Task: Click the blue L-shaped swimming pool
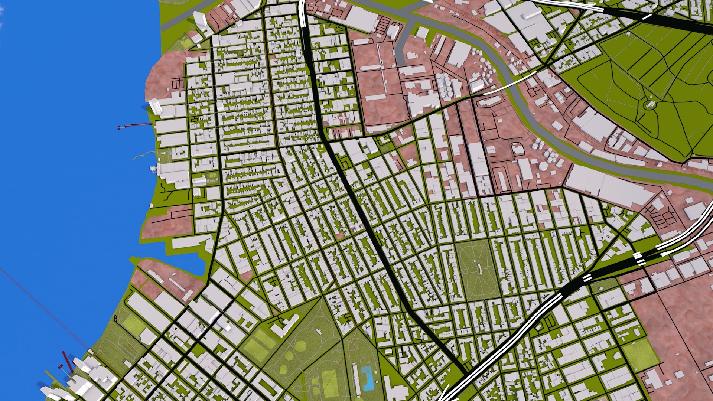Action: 367,378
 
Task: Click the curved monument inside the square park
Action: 479,267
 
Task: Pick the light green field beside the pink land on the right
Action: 639,355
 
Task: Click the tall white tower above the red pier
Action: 155,106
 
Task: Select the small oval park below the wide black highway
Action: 603,285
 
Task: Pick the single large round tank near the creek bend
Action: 543,166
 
